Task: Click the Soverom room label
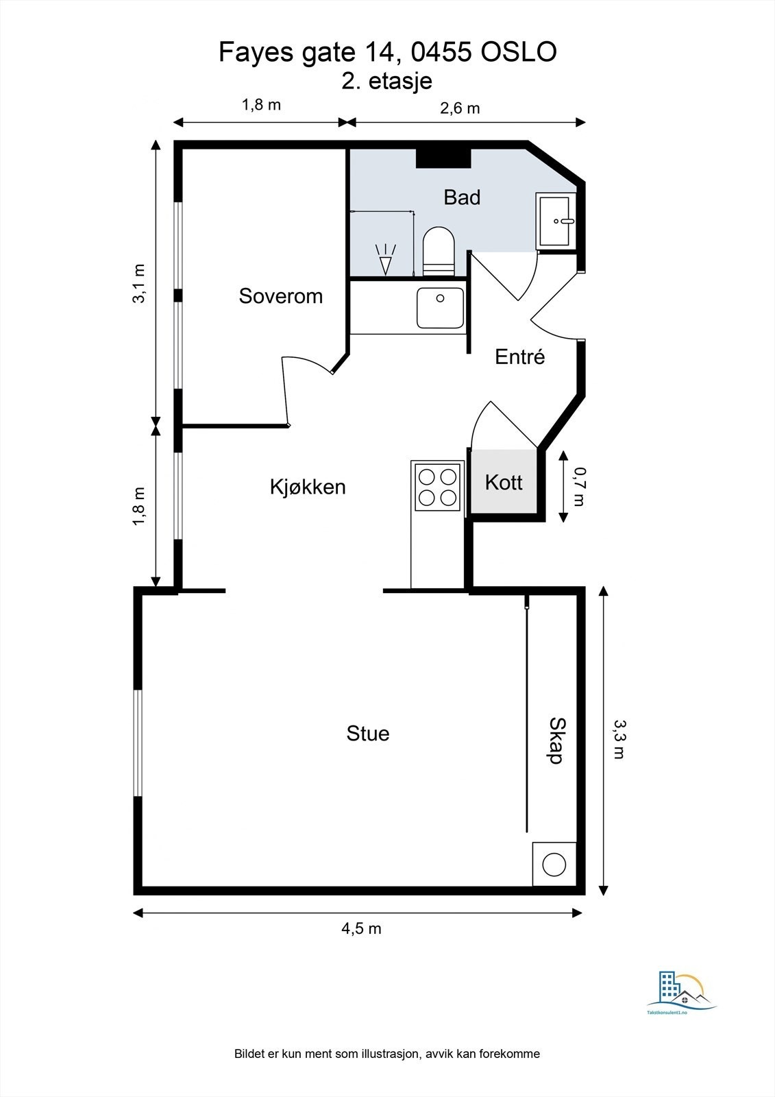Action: tap(280, 296)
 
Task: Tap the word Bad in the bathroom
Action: tap(462, 197)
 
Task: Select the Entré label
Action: tap(519, 357)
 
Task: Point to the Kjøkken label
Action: tap(308, 487)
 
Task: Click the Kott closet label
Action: tap(504, 483)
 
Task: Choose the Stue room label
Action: tap(368, 734)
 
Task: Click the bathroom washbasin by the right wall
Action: tap(556, 221)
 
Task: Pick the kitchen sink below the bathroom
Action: tap(440, 308)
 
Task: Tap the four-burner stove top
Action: tap(437, 487)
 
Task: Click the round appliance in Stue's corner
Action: tap(554, 865)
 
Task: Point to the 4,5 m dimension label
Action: tap(361, 928)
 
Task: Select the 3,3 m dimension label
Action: tap(619, 740)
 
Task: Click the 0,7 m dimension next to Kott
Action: tap(580, 486)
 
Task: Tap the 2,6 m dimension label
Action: tap(460, 108)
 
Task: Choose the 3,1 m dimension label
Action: tap(140, 284)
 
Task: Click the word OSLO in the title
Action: tap(519, 52)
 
